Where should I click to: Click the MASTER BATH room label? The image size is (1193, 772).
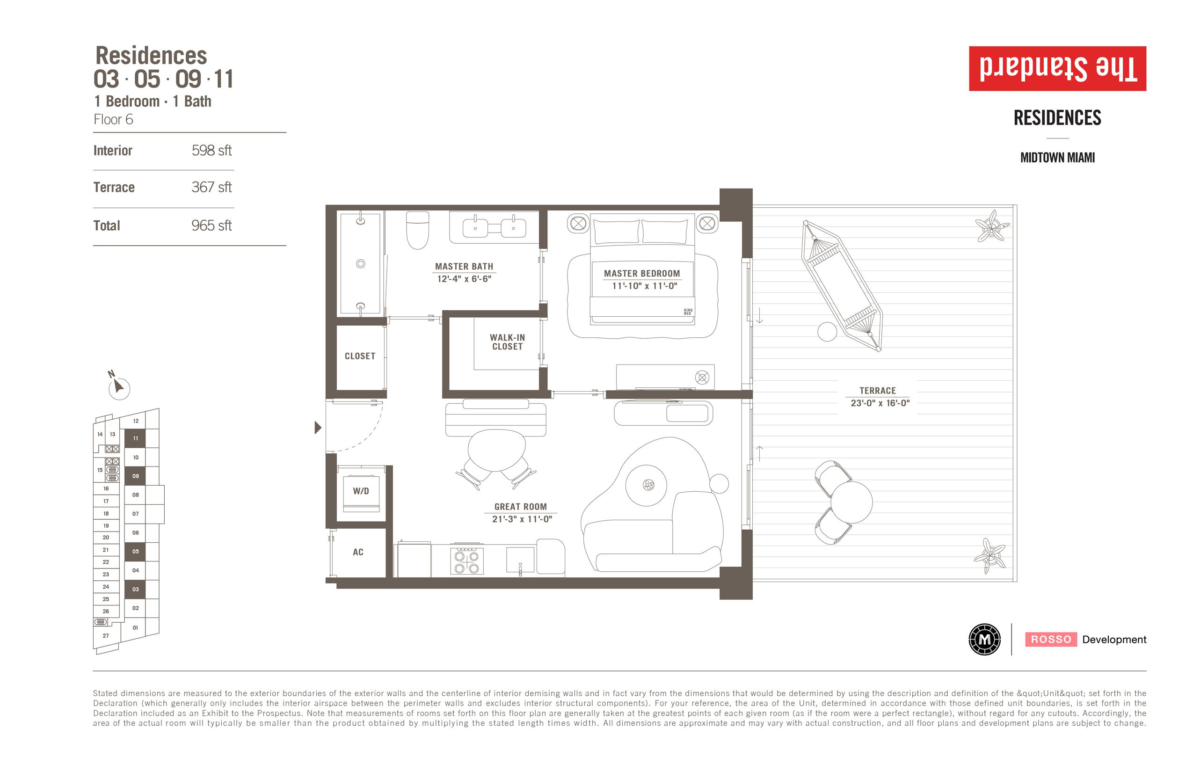pos(464,266)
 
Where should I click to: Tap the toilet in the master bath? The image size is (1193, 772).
pos(417,230)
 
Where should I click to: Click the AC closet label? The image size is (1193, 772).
pos(358,552)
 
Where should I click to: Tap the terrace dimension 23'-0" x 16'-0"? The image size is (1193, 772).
pos(880,403)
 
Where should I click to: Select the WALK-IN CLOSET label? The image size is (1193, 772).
pos(507,342)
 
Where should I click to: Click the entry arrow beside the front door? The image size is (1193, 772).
pos(318,428)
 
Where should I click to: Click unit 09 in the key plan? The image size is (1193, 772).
pos(135,476)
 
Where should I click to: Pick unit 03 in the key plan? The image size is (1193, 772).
pos(135,589)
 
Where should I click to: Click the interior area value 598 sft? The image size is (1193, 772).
pos(211,150)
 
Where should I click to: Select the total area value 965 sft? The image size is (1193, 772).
pos(211,226)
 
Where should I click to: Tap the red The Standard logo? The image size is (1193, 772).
pos(1058,69)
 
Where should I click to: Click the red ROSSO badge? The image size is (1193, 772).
pos(1051,639)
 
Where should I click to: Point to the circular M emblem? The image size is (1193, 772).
pos(984,639)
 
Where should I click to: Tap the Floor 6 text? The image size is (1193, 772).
pos(113,119)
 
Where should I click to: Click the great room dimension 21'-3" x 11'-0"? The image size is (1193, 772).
pos(522,519)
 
